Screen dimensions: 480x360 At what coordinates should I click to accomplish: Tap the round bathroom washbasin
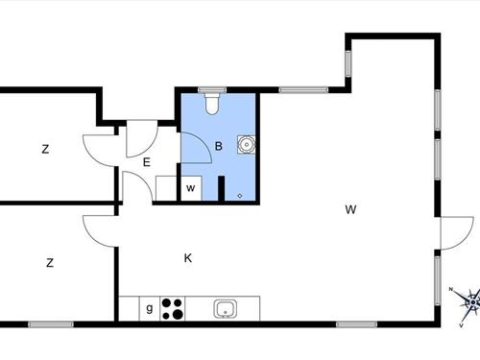247,146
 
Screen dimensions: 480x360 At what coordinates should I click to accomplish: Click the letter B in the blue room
219,147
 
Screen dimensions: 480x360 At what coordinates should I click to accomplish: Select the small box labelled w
191,188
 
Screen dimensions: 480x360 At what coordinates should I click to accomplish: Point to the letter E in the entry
147,163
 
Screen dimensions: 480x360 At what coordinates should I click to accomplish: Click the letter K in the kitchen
188,257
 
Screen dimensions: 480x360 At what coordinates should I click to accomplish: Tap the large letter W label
352,209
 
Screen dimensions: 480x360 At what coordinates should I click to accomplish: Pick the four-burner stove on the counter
174,308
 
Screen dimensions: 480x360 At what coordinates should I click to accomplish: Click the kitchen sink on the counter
227,308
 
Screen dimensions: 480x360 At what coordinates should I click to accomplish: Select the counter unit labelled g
149,308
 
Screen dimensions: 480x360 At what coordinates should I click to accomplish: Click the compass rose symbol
469,303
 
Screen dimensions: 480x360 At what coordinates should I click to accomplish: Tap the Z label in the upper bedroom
45,149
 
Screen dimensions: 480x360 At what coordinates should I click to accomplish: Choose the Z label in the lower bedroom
49,262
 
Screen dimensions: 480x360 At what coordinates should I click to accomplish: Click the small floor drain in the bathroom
239,196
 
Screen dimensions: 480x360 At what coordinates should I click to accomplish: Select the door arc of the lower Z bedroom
99,228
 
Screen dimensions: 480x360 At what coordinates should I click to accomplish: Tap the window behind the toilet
213,89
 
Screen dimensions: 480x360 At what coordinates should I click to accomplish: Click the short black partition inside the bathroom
221,188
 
